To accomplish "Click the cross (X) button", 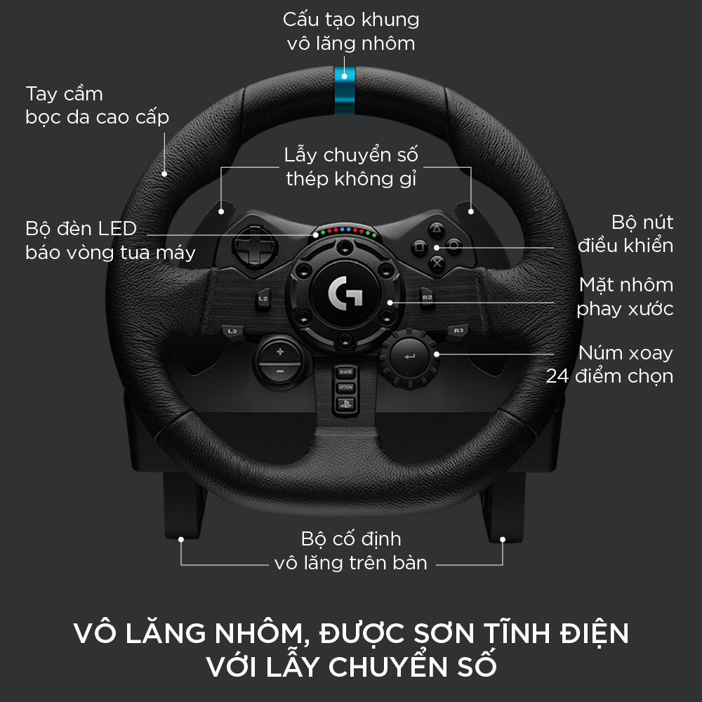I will pyautogui.click(x=437, y=263).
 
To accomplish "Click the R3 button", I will pyautogui.click(x=458, y=329).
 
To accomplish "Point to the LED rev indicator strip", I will pyautogui.click(x=345, y=232).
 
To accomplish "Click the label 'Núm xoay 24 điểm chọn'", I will pyautogui.click(x=609, y=364).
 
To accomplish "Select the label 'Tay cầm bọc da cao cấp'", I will pyautogui.click(x=97, y=105).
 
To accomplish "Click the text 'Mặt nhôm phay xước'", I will pyautogui.click(x=625, y=296).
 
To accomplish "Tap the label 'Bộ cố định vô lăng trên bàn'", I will pyautogui.click(x=350, y=551).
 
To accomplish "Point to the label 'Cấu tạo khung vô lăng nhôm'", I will pyautogui.click(x=351, y=32).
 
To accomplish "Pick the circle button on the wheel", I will pyautogui.click(x=454, y=246).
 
